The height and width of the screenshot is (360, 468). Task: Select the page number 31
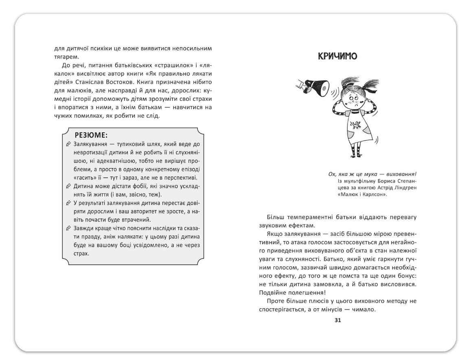337,320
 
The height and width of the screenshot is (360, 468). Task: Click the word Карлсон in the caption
370,194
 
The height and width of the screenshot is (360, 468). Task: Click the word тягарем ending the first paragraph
55,57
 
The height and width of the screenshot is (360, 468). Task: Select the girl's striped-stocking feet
356,152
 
